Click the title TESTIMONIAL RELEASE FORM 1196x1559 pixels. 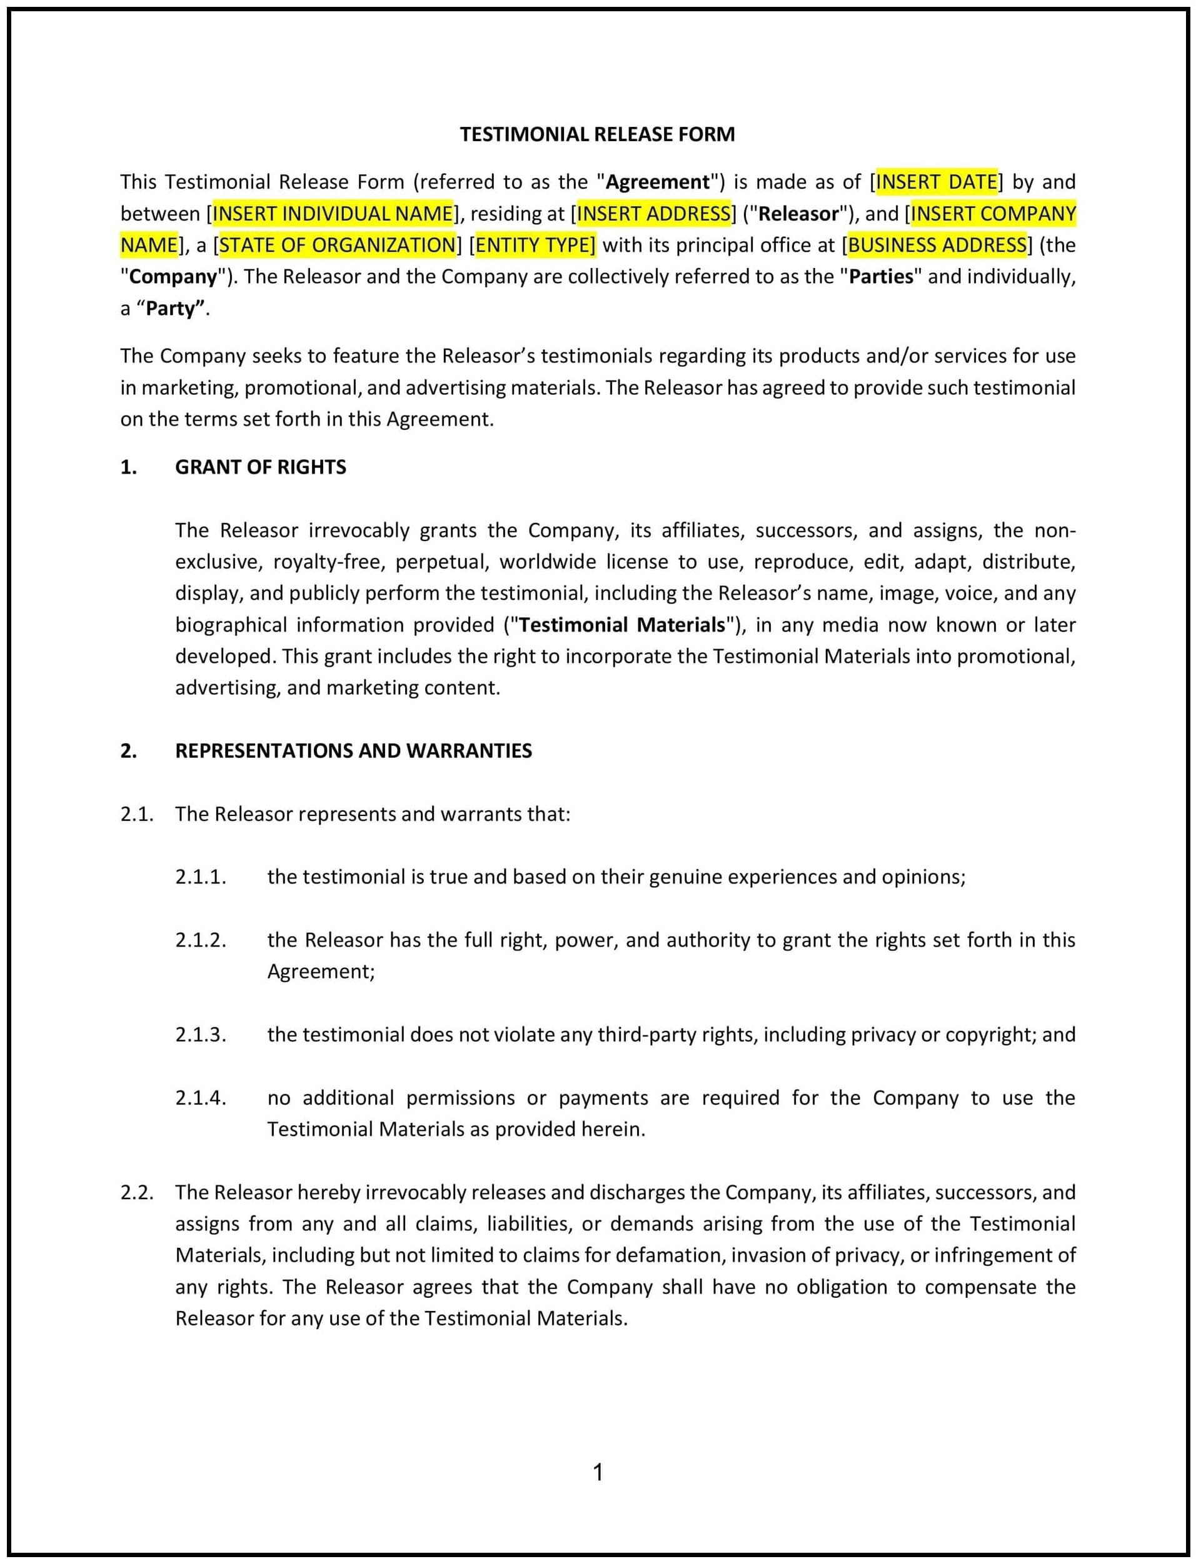click(x=596, y=134)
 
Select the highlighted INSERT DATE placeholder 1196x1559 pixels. click(x=936, y=182)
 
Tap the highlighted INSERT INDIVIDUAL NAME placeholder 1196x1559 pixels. click(x=333, y=214)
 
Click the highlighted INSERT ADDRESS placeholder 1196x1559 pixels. click(x=653, y=214)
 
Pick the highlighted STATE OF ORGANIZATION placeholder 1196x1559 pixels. click(x=337, y=246)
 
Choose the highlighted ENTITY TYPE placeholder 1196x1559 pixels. click(x=535, y=246)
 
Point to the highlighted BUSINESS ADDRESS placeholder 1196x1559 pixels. click(x=937, y=246)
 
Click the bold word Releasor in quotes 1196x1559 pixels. click(x=799, y=214)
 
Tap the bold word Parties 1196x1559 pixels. click(x=881, y=277)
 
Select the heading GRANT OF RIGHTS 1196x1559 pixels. click(x=261, y=467)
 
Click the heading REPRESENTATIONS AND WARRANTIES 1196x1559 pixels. click(x=353, y=750)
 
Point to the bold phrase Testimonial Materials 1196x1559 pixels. click(x=621, y=625)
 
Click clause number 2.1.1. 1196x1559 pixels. click(x=201, y=877)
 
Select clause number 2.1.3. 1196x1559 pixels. click(x=201, y=1035)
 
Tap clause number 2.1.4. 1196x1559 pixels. click(x=201, y=1098)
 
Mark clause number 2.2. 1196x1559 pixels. click(x=137, y=1193)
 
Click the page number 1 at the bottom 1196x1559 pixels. click(x=598, y=1472)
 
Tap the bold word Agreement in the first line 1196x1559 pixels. click(x=657, y=182)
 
